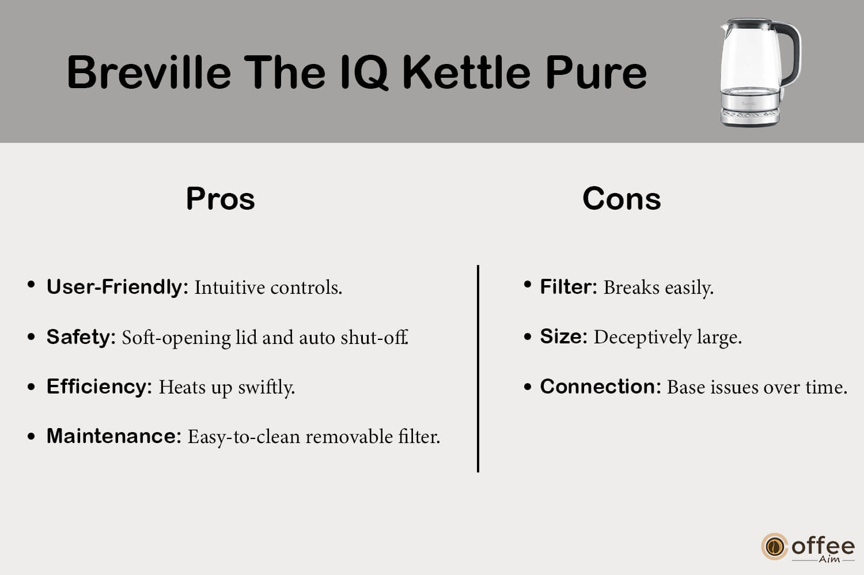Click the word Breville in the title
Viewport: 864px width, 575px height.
149,72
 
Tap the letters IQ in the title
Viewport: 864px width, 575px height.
365,73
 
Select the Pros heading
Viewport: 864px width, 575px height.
220,198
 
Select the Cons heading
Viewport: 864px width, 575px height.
622,198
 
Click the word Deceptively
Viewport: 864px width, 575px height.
642,338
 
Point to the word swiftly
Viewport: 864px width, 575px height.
266,387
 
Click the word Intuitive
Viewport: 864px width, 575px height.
229,287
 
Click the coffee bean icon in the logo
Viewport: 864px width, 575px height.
774,546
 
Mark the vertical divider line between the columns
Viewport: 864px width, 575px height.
478,369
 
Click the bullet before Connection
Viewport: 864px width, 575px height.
528,387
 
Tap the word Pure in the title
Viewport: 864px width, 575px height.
596,73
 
